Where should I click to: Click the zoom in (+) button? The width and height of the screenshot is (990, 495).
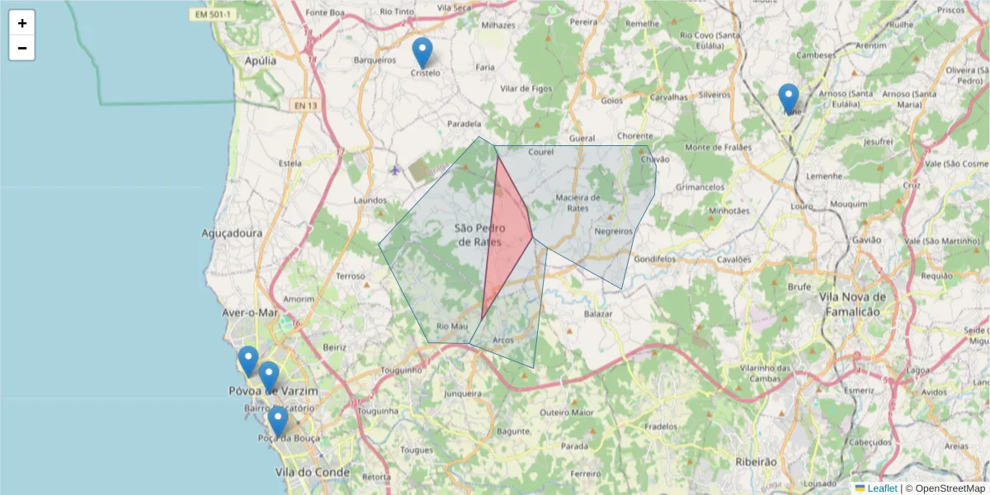pyautogui.click(x=22, y=23)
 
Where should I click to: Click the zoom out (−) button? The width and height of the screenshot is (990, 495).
pyautogui.click(x=22, y=48)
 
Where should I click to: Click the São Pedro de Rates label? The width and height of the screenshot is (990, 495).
pyautogui.click(x=478, y=234)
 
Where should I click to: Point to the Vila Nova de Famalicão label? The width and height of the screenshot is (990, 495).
pyautogui.click(x=852, y=304)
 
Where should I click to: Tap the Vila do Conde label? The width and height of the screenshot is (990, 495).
pyautogui.click(x=313, y=473)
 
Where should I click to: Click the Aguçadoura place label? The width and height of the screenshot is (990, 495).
pyautogui.click(x=232, y=233)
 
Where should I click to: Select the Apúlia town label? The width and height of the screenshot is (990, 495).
pyautogui.click(x=261, y=60)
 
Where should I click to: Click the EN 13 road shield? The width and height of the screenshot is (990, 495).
pyautogui.click(x=304, y=106)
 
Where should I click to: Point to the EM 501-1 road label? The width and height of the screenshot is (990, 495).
pyautogui.click(x=211, y=13)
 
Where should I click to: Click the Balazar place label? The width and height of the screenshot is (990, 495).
pyautogui.click(x=598, y=314)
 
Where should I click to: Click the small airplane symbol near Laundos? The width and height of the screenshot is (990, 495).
pyautogui.click(x=394, y=171)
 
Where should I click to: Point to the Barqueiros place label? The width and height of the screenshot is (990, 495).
pyautogui.click(x=375, y=59)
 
